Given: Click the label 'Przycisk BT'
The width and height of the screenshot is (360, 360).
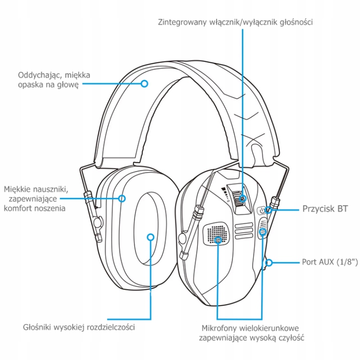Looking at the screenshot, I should pos(325,209).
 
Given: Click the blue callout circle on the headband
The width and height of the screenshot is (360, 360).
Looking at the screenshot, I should pos(144,83).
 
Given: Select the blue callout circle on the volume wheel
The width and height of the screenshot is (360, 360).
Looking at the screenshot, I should pos(242,198).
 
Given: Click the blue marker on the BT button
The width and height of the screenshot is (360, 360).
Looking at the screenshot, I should pos(270,210).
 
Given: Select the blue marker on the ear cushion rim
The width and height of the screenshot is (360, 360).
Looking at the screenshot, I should pos(122,198).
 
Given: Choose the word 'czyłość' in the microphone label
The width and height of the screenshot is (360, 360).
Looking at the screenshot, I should pos(291,337).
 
